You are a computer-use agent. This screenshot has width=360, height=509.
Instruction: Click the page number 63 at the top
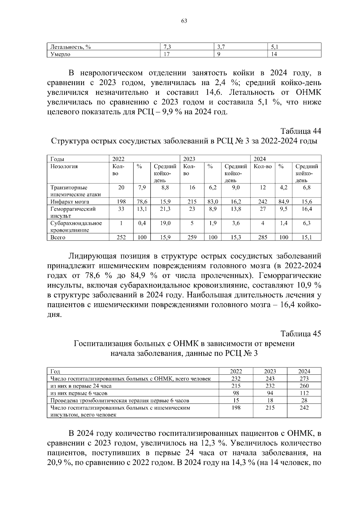[184, 21]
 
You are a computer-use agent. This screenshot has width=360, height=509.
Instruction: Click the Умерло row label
[60, 54]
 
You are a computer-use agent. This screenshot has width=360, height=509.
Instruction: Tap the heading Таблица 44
[301, 131]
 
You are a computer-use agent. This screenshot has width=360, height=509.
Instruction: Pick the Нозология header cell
[64, 166]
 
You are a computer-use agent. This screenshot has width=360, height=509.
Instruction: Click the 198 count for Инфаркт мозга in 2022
[121, 202]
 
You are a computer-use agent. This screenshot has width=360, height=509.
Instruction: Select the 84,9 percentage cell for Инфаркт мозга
[283, 202]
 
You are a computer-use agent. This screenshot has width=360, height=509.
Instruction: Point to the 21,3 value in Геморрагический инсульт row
[165, 209]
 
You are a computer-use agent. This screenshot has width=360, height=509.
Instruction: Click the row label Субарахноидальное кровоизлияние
[76, 227]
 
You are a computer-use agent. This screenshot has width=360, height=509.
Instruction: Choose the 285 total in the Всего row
[262, 237]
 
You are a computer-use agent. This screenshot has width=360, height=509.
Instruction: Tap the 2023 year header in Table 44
[189, 159]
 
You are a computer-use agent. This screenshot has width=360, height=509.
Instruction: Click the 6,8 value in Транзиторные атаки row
[307, 188]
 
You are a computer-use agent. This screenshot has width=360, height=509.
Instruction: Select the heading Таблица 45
[301, 333]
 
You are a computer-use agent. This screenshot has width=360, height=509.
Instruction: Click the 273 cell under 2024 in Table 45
[304, 379]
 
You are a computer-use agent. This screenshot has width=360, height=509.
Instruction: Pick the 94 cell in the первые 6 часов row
[270, 393]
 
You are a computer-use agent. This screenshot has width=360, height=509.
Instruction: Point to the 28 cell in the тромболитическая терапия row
[304, 400]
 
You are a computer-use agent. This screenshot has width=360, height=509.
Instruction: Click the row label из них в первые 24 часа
[81, 386]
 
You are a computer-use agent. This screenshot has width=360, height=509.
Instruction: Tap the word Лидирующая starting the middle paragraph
[92, 256]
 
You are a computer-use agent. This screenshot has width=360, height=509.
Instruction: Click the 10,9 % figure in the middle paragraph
[309, 285]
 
